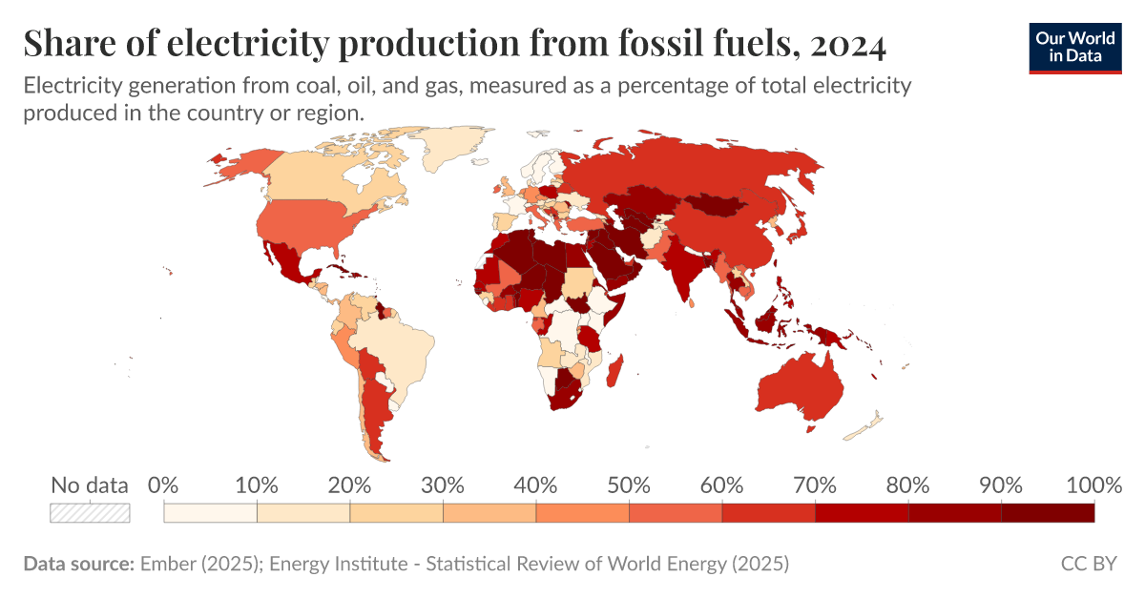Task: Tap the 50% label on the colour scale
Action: pos(629,485)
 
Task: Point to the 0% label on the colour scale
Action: pos(164,485)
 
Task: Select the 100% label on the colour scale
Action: pos(1093,485)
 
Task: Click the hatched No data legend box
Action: pos(90,512)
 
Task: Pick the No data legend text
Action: pos(90,485)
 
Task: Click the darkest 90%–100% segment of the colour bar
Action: pos(1047,512)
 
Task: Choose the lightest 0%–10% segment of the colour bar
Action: pos(210,512)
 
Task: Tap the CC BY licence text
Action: pos(1088,564)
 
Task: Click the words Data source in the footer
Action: pos(77,564)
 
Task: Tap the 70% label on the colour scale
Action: pos(815,485)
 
